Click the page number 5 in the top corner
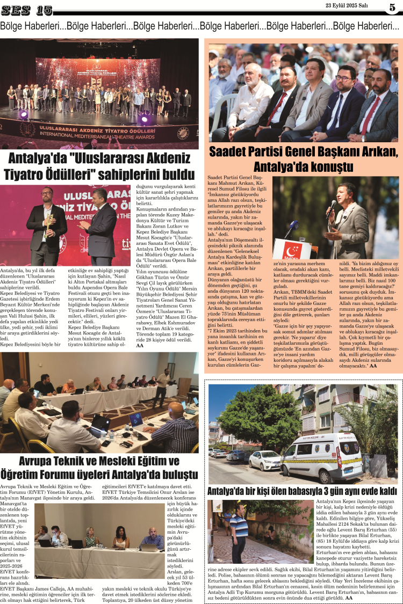pos(392,8)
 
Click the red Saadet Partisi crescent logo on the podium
pos(292,250)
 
